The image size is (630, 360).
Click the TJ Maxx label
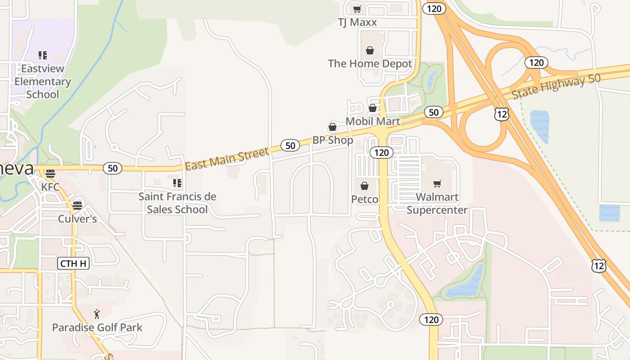click(357, 22)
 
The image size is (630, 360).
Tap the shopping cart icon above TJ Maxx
click(357, 9)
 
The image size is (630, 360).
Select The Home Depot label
click(370, 63)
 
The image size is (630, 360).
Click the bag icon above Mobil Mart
click(373, 108)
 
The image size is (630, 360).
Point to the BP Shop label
click(333, 140)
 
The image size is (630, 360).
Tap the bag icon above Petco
click(364, 186)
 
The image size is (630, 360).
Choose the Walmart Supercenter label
click(437, 203)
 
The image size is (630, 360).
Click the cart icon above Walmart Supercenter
click(437, 184)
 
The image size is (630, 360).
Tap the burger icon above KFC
click(50, 174)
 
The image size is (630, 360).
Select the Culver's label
click(77, 219)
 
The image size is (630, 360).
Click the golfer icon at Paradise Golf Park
click(97, 314)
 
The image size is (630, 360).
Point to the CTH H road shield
click(73, 263)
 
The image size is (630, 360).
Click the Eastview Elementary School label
click(43, 81)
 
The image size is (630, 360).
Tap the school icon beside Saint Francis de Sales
click(177, 183)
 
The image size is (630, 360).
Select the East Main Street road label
click(227, 159)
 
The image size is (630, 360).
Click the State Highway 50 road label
click(556, 86)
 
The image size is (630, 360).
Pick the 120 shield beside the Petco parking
click(381, 153)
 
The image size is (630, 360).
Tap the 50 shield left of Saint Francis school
click(112, 168)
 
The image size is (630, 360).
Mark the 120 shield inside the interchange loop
click(536, 63)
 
